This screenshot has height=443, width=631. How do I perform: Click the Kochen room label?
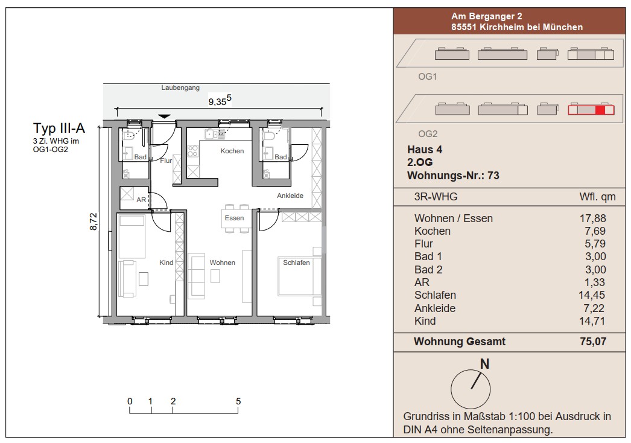pyautogui.click(x=232, y=151)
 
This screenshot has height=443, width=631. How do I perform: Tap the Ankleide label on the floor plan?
pyautogui.click(x=290, y=196)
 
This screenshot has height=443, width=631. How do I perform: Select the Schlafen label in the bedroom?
pyautogui.click(x=296, y=263)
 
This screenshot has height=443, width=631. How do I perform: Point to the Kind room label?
pyautogui.click(x=166, y=263)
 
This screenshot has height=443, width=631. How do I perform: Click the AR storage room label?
pyautogui.click(x=141, y=200)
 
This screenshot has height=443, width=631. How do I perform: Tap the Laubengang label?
pyautogui.click(x=180, y=88)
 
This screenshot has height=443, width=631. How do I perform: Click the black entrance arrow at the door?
pyautogui.click(x=164, y=116)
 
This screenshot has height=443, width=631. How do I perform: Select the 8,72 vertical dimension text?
pyautogui.click(x=94, y=221)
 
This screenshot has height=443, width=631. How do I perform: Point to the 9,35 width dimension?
pyautogui.click(x=220, y=100)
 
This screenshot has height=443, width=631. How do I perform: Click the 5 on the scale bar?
pyautogui.click(x=238, y=401)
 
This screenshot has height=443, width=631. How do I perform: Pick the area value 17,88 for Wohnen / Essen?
pyautogui.click(x=592, y=218)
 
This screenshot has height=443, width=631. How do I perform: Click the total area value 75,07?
pyautogui.click(x=593, y=342)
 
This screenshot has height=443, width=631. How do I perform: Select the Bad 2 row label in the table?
pyautogui.click(x=428, y=269)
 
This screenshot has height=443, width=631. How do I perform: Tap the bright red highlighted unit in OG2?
pyautogui.click(x=600, y=110)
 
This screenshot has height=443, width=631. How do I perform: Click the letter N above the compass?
pyautogui.click(x=484, y=364)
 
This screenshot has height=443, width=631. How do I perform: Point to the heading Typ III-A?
pyautogui.click(x=59, y=128)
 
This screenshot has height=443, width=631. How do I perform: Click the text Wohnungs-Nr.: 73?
pyautogui.click(x=453, y=176)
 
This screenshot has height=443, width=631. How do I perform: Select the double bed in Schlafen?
pyautogui.click(x=300, y=276)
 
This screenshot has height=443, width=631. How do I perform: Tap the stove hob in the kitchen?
pyautogui.click(x=193, y=151)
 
